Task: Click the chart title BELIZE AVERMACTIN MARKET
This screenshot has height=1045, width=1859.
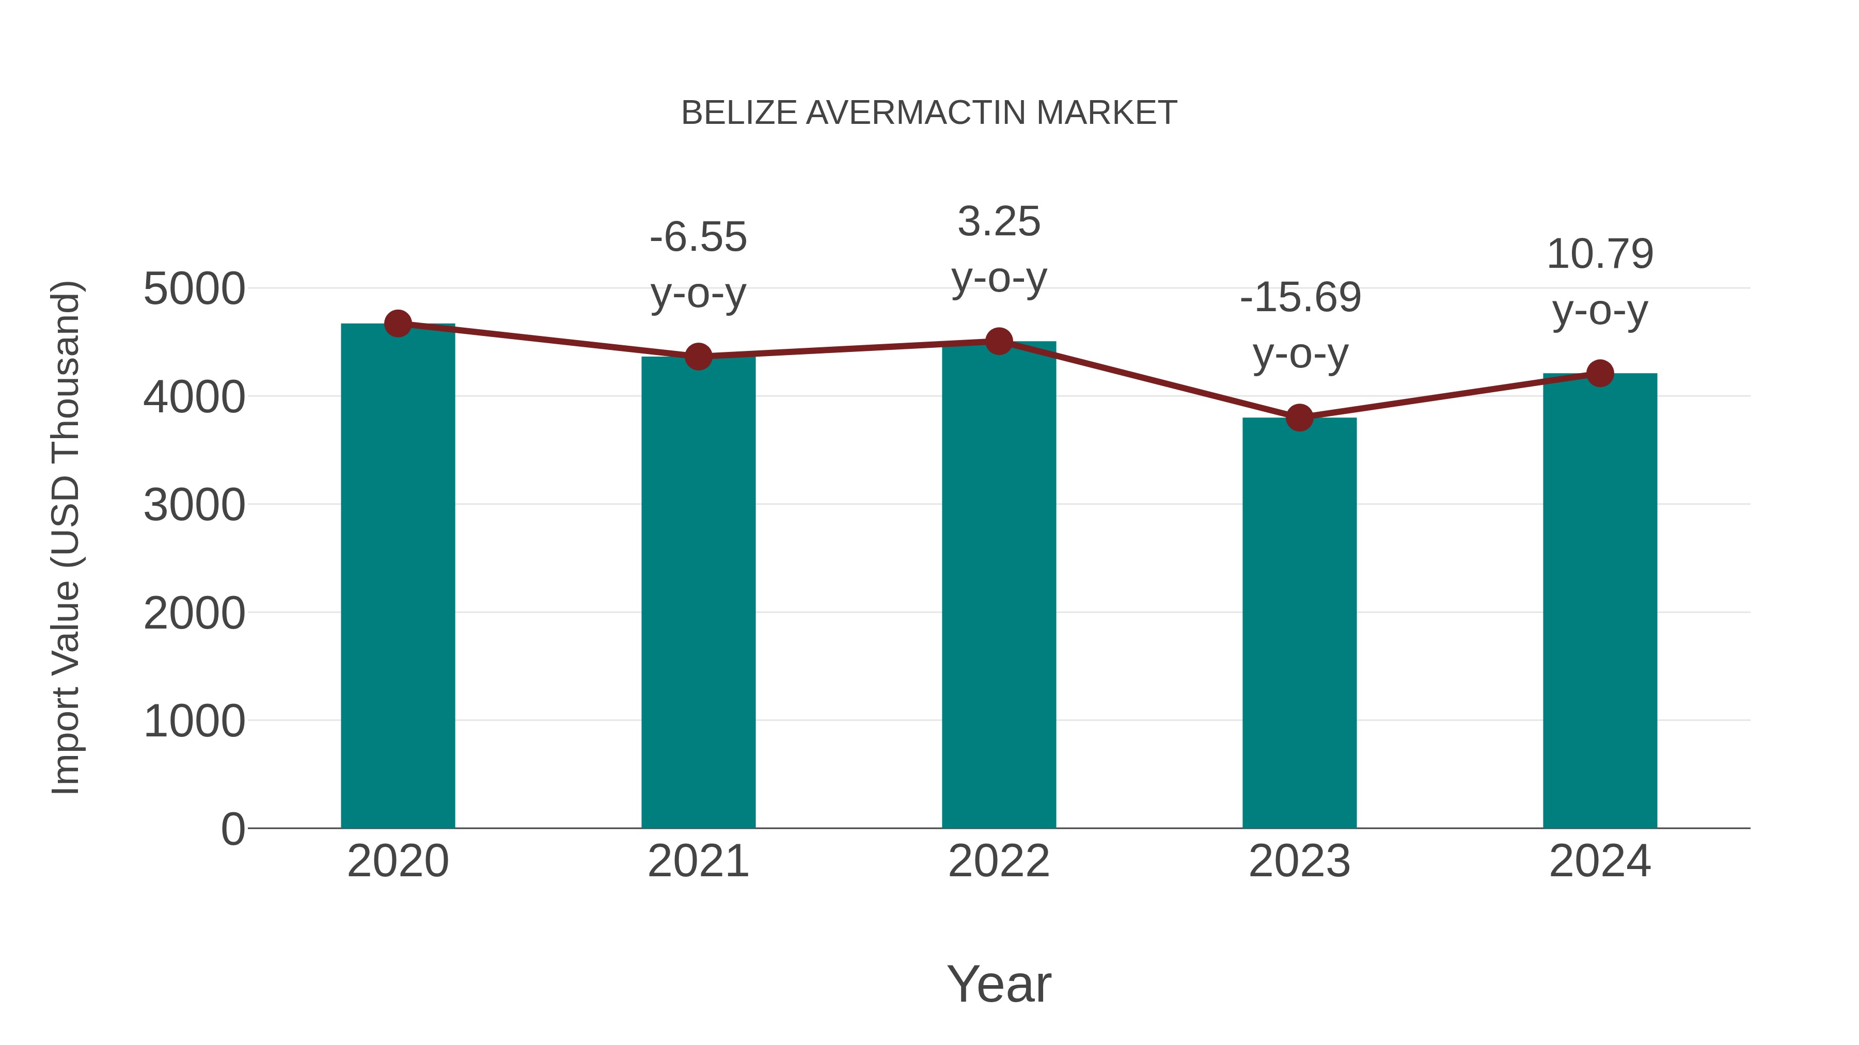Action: pos(929,113)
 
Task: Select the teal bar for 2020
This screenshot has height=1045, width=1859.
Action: pos(398,577)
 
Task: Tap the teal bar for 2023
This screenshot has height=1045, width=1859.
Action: pos(1299,624)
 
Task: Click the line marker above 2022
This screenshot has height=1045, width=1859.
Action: pos(999,341)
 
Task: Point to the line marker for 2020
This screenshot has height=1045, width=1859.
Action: pos(398,324)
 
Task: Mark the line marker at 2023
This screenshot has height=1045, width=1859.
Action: pos(1299,417)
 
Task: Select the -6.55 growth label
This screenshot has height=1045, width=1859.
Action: pos(698,237)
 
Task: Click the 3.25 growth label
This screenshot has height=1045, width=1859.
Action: pos(999,221)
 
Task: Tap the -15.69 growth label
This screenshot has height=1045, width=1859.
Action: pos(1300,297)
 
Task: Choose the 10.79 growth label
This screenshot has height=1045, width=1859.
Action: pos(1599,254)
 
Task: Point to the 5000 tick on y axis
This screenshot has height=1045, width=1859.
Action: pos(194,289)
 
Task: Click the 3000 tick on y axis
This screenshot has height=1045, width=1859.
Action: pos(194,505)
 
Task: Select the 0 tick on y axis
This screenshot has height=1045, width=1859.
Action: pos(232,829)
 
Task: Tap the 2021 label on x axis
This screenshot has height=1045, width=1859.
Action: pos(698,861)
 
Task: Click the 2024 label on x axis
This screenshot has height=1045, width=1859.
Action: pos(1599,861)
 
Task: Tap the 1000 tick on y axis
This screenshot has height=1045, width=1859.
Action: pos(194,720)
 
